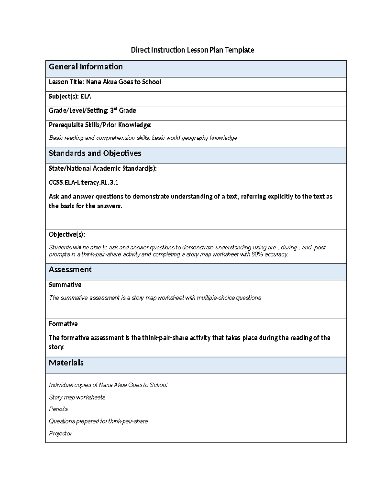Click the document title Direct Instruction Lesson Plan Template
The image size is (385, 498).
pos(192,50)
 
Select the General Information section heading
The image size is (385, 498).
pos(86,67)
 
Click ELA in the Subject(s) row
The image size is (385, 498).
pos(86,96)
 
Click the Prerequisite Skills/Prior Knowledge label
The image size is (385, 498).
pos(100,125)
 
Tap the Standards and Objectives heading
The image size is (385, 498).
pos(95,153)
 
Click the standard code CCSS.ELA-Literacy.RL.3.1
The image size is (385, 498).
pos(83,182)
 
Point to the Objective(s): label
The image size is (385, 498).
pos(67,234)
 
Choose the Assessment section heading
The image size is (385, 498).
pos(70,270)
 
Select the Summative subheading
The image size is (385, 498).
pos(65,285)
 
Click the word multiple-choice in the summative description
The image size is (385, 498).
pos(216,298)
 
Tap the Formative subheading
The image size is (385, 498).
pos(63,324)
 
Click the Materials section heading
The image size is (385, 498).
pos(66,363)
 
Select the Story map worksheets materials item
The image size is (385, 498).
pos(77,397)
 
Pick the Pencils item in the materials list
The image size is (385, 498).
pos(58,409)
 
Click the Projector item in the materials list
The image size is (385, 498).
pos(60,434)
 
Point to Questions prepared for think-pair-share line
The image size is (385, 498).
pos(98,421)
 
